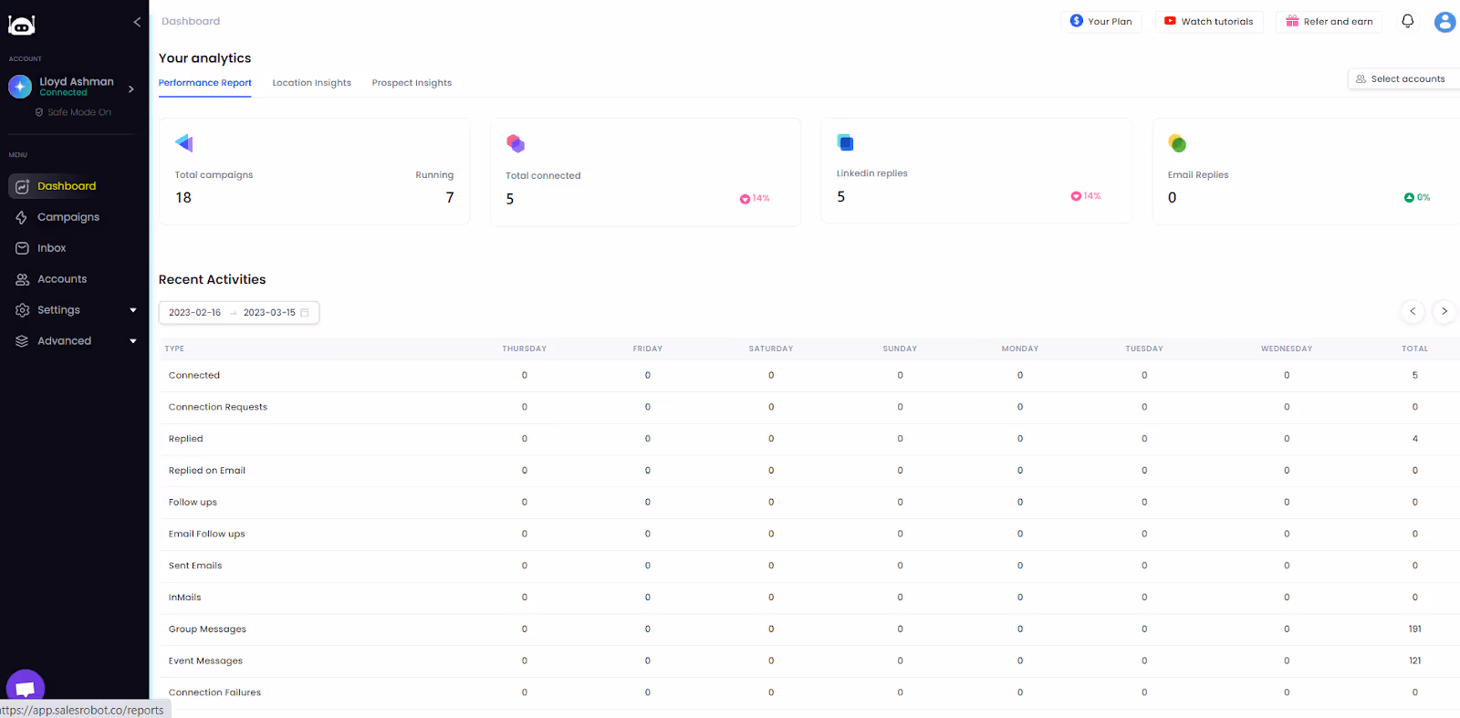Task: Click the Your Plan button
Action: tap(1101, 21)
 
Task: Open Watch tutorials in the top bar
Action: tap(1208, 21)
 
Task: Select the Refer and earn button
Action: tap(1329, 21)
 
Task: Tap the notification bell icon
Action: tap(1407, 21)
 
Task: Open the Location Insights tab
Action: tap(311, 83)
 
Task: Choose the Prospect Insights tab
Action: tap(412, 83)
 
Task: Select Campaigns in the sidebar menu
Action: tap(68, 217)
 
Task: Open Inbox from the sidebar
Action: tap(51, 248)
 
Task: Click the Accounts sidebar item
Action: tap(61, 279)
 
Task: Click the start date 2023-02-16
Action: tap(194, 313)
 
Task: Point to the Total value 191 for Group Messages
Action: tap(1414, 630)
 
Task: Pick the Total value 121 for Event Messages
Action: tap(1414, 661)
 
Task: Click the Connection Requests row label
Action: tap(218, 408)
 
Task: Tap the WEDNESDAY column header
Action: tap(1286, 349)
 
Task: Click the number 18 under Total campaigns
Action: tap(183, 198)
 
